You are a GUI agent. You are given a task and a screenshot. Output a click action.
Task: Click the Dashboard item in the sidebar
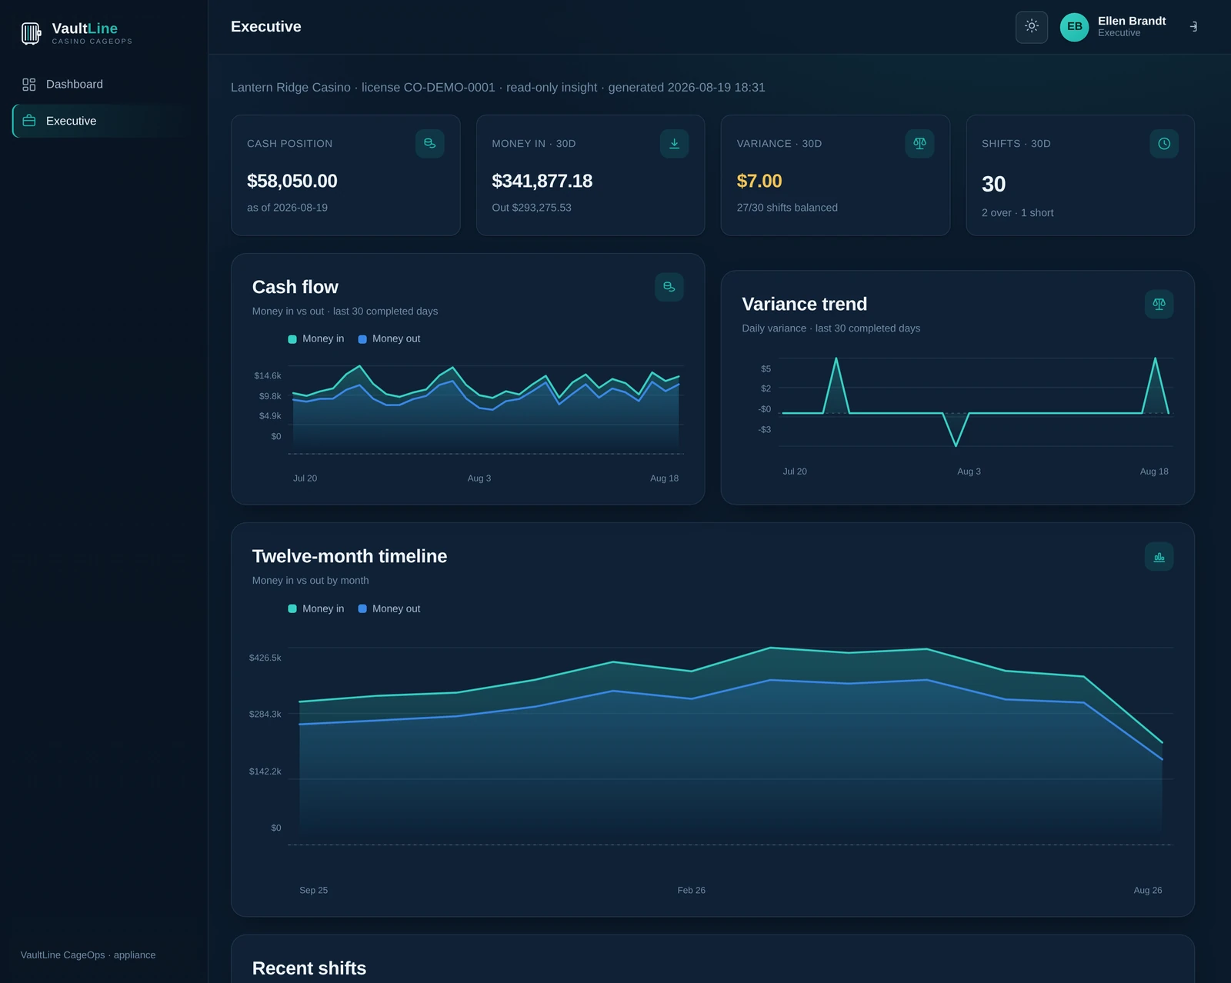coord(63,85)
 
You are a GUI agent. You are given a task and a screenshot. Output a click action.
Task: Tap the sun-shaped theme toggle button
coord(1032,27)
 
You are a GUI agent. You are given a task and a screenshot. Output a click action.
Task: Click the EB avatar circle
coord(1074,27)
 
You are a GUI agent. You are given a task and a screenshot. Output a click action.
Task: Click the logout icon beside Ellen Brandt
coord(1193,27)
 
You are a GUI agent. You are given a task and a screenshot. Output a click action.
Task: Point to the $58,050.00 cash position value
coord(292,182)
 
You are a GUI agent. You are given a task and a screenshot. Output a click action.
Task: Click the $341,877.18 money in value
coord(542,182)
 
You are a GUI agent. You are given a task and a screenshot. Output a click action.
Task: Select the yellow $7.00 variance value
coord(759,182)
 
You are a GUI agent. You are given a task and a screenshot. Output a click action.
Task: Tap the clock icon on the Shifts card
coord(1163,144)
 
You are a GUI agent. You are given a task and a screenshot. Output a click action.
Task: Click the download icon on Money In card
coord(674,144)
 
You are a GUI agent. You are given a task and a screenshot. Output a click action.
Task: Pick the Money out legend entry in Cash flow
coord(389,339)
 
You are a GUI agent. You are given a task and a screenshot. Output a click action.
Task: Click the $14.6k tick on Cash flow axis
coord(268,375)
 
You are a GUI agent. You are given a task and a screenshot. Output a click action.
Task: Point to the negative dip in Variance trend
coord(956,445)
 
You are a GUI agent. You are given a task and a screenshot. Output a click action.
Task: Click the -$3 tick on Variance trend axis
coord(764,429)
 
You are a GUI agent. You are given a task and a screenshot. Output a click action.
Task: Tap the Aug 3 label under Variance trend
coord(969,472)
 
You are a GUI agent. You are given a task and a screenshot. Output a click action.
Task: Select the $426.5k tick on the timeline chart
coord(265,658)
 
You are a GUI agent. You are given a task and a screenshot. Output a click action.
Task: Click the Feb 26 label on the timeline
coord(691,891)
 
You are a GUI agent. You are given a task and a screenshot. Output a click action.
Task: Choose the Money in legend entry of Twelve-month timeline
coord(316,609)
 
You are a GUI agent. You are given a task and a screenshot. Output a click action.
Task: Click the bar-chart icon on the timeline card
coord(1159,557)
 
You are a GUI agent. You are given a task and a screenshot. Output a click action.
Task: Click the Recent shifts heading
coord(309,968)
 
